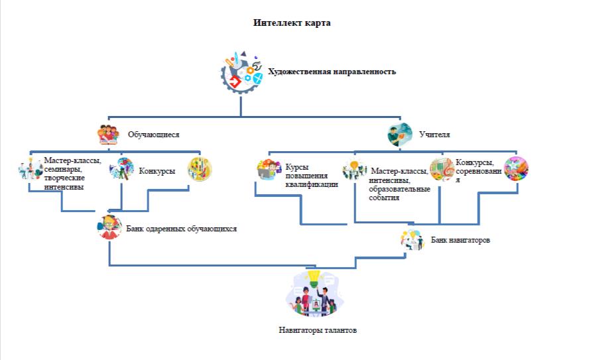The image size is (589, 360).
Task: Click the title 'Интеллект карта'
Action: (291, 23)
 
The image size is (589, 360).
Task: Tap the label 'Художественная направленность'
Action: (332, 72)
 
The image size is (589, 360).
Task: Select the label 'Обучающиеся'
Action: (153, 135)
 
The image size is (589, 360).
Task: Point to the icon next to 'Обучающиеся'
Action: (109, 135)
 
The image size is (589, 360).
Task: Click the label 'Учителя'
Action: (434, 135)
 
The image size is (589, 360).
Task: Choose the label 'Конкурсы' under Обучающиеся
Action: (157, 171)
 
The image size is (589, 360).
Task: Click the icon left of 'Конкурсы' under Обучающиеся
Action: (122, 170)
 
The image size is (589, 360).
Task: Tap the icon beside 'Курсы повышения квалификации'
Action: (269, 170)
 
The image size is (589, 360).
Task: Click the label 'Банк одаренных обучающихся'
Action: (181, 229)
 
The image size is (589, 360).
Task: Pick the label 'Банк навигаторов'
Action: (460, 239)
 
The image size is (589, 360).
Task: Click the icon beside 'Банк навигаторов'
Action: (412, 239)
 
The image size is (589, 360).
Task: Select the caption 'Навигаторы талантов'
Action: (318, 330)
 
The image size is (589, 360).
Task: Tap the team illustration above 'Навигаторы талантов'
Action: (314, 293)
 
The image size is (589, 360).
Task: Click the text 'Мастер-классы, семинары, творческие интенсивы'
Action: (72, 174)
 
